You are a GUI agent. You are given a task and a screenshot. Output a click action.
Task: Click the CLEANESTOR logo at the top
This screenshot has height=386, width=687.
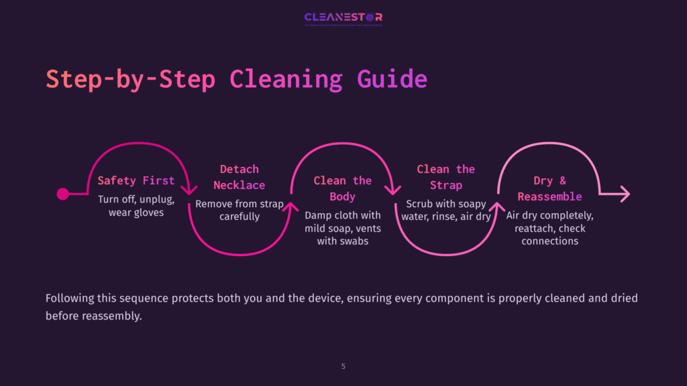[x=343, y=18]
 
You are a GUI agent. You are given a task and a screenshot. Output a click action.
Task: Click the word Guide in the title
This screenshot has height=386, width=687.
[x=392, y=79]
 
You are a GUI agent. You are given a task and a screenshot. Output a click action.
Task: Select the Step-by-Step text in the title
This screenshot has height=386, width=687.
[x=130, y=79]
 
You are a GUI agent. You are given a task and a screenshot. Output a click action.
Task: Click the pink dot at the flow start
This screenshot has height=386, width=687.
[x=63, y=194]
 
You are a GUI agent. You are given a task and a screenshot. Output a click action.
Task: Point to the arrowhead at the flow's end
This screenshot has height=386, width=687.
[x=625, y=194]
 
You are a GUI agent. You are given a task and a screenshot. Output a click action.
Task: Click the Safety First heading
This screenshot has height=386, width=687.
[x=136, y=180]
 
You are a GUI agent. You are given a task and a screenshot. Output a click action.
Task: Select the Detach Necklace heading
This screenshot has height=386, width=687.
[x=240, y=177]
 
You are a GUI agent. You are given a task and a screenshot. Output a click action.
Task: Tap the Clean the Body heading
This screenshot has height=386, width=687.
[x=343, y=188]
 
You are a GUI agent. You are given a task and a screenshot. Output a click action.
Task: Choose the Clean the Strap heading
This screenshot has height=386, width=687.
[x=446, y=177]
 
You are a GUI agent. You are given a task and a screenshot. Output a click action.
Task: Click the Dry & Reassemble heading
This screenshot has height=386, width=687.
[x=549, y=188]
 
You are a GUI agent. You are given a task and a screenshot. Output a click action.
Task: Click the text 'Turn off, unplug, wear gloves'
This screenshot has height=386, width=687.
[x=136, y=206]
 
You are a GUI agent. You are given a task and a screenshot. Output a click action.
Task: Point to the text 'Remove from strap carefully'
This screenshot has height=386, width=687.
[x=240, y=210]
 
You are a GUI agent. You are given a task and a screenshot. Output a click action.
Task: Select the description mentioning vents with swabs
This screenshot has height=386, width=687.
[x=343, y=228]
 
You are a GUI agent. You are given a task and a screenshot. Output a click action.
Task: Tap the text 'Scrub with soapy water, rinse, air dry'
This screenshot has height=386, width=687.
[x=446, y=210]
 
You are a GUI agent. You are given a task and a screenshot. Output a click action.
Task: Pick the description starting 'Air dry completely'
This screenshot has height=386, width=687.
[x=549, y=229]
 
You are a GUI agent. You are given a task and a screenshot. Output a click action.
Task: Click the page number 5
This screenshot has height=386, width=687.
[x=343, y=367]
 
